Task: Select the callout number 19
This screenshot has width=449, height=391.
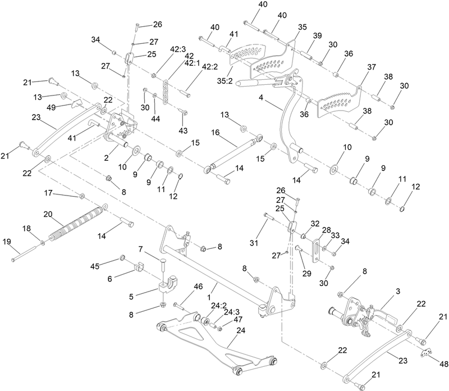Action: tap(7, 242)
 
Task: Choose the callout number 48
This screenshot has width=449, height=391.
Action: tap(436, 363)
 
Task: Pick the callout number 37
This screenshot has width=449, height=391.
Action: tap(371, 66)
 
